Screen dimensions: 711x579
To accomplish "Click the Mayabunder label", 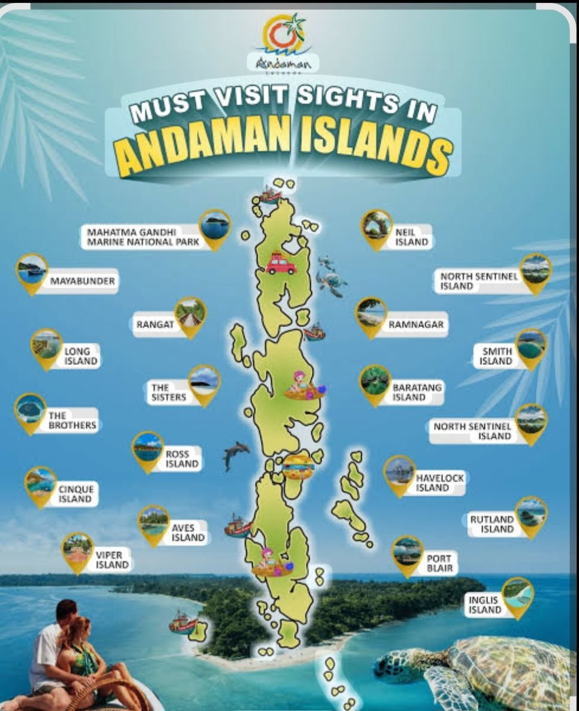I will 82,280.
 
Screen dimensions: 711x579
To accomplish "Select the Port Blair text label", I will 439,563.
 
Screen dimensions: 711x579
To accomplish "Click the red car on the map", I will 280,264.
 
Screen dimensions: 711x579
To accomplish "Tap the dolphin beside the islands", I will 235,454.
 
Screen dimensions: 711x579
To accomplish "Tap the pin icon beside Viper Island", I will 78,550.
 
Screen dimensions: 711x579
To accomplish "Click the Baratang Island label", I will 417,392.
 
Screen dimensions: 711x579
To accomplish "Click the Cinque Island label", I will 75,494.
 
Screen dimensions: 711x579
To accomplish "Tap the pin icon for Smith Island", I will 531,347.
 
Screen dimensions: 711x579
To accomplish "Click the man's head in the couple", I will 65,612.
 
